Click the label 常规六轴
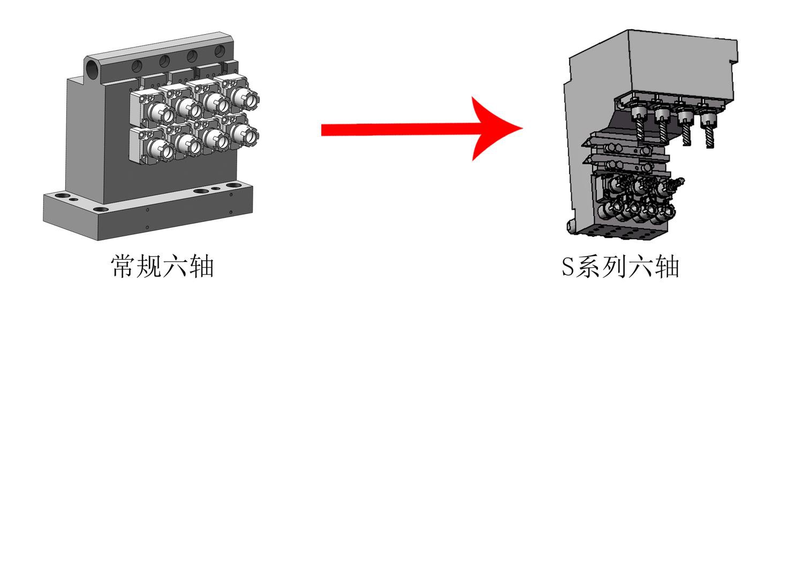(162, 266)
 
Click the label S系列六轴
(620, 266)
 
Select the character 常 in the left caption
(123, 266)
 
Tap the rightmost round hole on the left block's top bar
(219, 51)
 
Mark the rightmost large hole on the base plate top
(233, 186)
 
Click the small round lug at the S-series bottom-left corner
(571, 226)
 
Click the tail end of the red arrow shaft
(322, 130)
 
